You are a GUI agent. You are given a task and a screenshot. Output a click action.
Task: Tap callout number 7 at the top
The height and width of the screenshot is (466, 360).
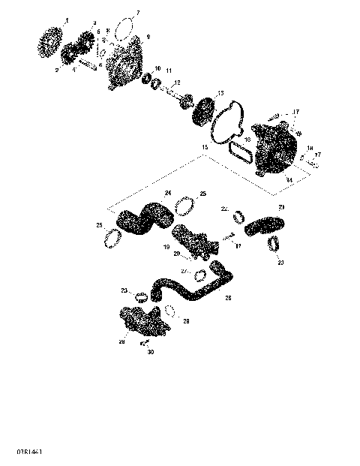pyautogui.click(x=136, y=14)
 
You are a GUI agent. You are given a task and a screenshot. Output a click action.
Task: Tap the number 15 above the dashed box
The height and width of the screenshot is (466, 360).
pyautogui.click(x=203, y=157)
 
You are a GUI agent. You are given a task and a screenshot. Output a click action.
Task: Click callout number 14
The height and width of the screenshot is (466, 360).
pyautogui.click(x=290, y=181)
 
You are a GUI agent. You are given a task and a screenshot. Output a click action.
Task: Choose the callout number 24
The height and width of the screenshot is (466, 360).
pyautogui.click(x=168, y=194)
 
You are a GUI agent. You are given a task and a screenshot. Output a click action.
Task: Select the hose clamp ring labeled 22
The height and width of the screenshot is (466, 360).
pyautogui.click(x=239, y=218)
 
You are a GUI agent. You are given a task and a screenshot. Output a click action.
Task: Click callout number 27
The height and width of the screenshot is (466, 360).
pyautogui.click(x=183, y=271)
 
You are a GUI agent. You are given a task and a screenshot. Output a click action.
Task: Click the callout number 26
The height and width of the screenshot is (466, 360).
pyautogui.click(x=228, y=298)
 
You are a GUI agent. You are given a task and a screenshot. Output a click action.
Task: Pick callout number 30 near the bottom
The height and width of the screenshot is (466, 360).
pyautogui.click(x=150, y=352)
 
